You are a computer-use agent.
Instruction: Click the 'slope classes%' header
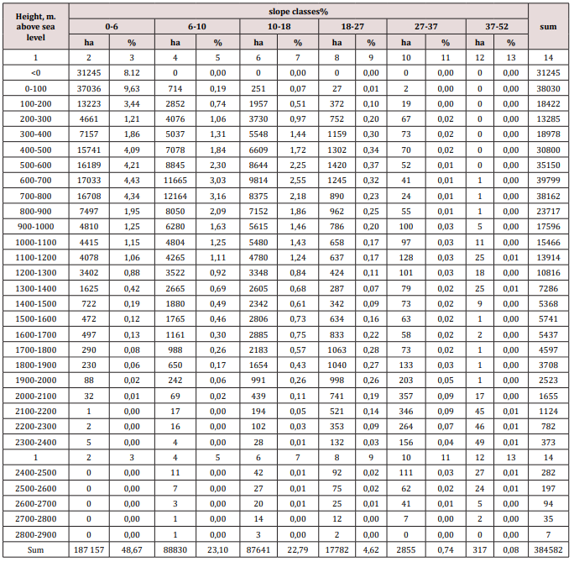pyautogui.click(x=298, y=11)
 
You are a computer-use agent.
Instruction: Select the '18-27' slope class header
pyautogui.click(x=352, y=27)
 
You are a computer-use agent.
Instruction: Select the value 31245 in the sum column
pyautogui.click(x=549, y=72)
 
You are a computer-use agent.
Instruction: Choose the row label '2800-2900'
pyautogui.click(x=35, y=534)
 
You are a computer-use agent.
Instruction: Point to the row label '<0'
pyautogui.click(x=35, y=72)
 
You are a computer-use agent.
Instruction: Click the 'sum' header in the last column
pyautogui.click(x=549, y=27)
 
